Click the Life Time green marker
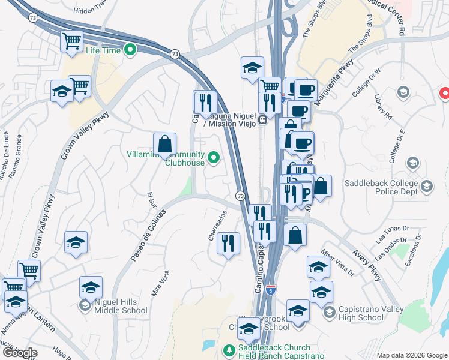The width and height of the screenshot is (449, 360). pyautogui.click(x=128, y=49)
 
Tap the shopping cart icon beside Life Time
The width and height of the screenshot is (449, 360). pyautogui.click(x=72, y=41)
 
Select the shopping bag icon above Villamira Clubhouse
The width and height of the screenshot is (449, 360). pyautogui.click(x=164, y=144)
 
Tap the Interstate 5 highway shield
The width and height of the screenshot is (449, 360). pyautogui.click(x=271, y=289)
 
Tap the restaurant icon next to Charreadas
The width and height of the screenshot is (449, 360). pyautogui.click(x=228, y=243)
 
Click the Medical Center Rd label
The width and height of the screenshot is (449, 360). pyautogui.click(x=392, y=13)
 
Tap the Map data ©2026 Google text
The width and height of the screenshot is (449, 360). pyautogui.click(x=411, y=355)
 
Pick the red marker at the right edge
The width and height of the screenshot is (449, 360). pyautogui.click(x=445, y=94)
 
